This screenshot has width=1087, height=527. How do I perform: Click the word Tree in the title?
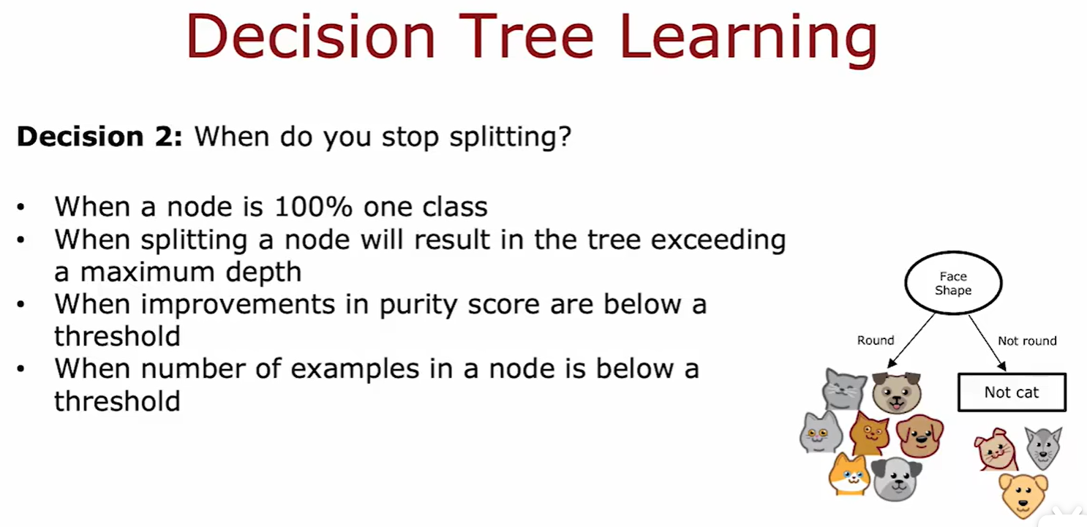[526, 36]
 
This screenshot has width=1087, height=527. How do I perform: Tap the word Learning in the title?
[749, 39]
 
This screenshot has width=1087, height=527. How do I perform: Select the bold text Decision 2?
[99, 136]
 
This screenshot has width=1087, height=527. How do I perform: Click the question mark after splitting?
[565, 136]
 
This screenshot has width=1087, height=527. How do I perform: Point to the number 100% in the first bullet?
[313, 207]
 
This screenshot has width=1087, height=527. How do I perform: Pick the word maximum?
[148, 271]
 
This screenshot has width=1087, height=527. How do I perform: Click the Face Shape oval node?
[953, 283]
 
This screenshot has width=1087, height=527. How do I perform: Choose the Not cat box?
[1012, 393]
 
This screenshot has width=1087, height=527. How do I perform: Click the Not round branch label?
[1027, 341]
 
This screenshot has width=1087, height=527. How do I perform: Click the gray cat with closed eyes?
[844, 390]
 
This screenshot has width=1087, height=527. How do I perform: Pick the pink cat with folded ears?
[996, 450]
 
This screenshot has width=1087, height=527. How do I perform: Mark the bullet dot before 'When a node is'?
[20, 208]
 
